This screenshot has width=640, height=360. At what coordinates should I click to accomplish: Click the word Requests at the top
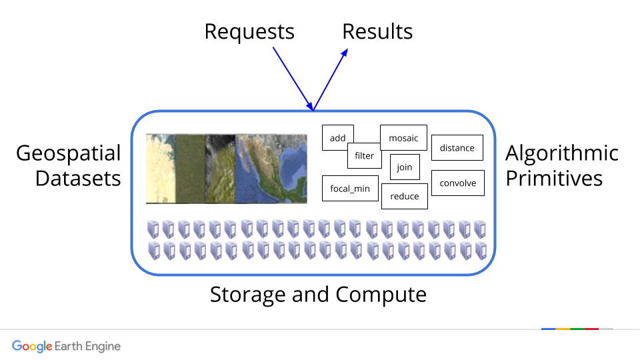[249, 31]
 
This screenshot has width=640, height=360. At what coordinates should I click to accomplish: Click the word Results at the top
[377, 31]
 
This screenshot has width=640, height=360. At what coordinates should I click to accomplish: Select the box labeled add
[338, 138]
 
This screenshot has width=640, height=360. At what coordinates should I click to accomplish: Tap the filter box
[364, 156]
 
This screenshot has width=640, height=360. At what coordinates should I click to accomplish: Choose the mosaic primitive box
[403, 138]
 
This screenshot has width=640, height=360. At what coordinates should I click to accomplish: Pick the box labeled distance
[457, 148]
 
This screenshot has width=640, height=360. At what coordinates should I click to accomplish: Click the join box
[405, 167]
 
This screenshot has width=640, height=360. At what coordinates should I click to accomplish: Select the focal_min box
[350, 189]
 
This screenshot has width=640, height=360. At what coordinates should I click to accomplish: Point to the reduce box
[405, 196]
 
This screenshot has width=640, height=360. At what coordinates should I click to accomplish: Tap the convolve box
[458, 183]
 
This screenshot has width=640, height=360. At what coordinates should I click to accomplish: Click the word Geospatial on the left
[69, 153]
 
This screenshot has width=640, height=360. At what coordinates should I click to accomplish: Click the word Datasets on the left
[78, 179]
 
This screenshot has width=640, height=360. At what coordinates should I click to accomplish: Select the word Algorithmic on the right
[562, 153]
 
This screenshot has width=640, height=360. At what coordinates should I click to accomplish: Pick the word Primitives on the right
[553, 179]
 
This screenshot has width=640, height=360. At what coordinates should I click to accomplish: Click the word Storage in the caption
[248, 294]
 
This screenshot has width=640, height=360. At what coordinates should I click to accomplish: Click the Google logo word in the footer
[32, 346]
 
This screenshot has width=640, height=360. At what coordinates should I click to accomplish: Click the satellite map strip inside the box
[226, 168]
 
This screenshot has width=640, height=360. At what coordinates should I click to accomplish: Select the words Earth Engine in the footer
[88, 346]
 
